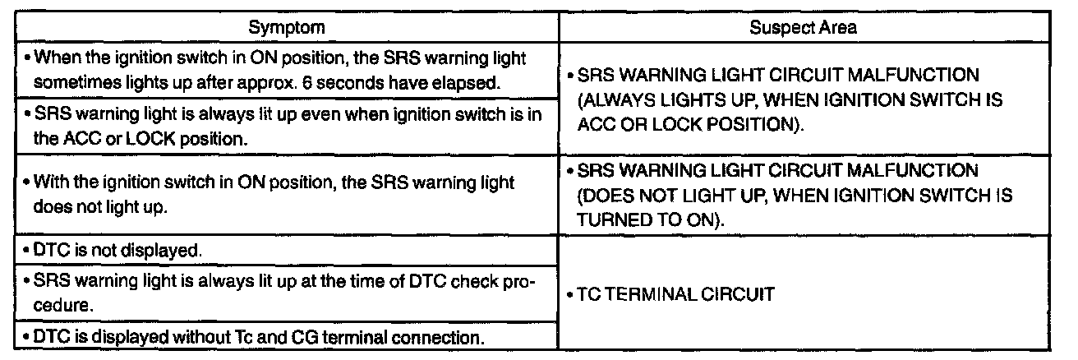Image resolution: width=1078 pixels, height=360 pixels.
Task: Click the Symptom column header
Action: coord(286,27)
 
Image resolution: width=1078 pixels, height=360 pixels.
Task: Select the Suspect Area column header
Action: coord(803,27)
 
